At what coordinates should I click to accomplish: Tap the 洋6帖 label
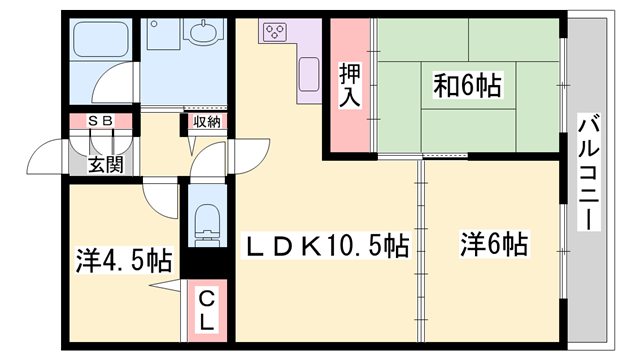click(x=493, y=244)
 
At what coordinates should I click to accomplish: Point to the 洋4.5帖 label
click(x=122, y=262)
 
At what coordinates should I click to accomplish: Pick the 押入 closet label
click(x=349, y=88)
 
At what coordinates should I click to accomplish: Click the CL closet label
click(x=204, y=310)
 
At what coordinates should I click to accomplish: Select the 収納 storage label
click(x=206, y=122)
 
